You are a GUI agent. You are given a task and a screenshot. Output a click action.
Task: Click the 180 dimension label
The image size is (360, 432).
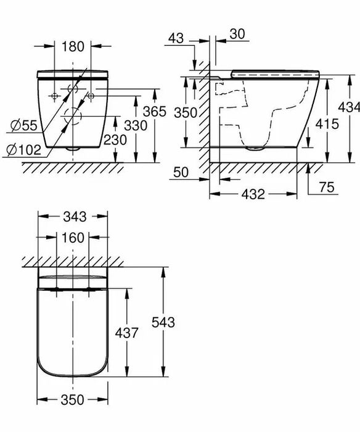(x=72, y=46)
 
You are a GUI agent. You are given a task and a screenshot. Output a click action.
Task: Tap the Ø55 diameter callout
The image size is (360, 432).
(x=23, y=126)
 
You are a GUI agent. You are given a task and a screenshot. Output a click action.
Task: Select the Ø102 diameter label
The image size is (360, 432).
(x=24, y=150)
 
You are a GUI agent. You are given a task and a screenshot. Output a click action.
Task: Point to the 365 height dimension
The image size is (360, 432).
(x=155, y=111)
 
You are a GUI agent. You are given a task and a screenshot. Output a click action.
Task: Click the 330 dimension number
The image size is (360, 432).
(x=136, y=126)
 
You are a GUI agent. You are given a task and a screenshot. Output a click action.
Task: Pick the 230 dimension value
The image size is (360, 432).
(x=115, y=140)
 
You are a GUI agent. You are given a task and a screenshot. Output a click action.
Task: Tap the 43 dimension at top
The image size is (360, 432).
(x=176, y=38)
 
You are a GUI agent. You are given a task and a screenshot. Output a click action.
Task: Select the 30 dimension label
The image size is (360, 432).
(x=237, y=34)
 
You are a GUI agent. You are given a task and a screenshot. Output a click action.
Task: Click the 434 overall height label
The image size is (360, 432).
(x=349, y=107)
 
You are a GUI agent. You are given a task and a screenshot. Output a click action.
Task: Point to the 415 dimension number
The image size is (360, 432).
(x=327, y=124)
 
